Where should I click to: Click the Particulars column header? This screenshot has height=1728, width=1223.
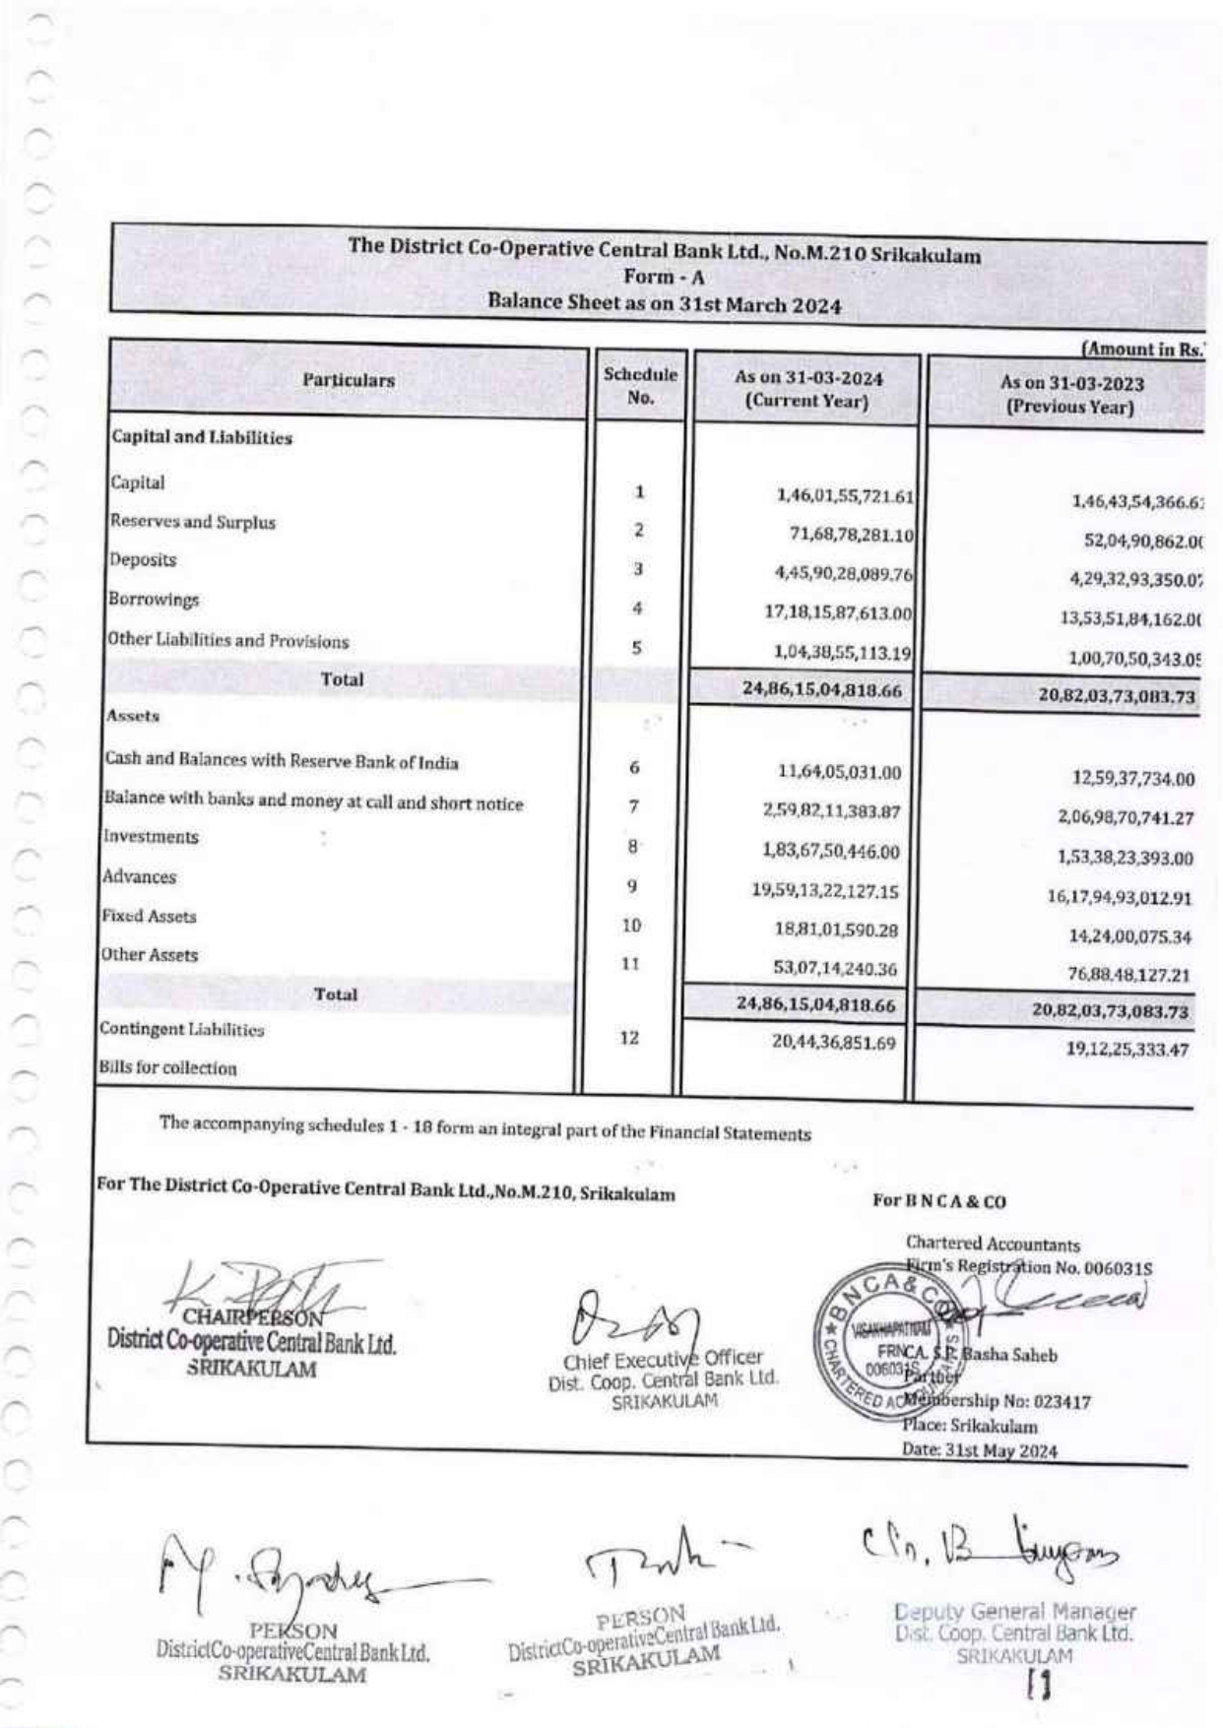349,380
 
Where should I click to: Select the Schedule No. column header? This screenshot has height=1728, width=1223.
640,386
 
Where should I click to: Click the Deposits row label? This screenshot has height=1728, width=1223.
144,560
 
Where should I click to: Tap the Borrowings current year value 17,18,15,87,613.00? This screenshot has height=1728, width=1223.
838,612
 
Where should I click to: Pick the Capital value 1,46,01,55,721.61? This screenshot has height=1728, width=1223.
845,495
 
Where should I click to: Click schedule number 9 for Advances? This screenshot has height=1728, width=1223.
632,887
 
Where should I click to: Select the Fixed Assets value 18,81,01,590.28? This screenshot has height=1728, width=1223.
835,929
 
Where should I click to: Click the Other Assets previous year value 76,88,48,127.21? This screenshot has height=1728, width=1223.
1128,976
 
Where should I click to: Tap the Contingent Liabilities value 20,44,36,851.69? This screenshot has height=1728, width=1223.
833,1042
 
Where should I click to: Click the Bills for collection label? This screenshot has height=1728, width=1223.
167,1068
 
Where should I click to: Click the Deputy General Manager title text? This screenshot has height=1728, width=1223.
1014,1612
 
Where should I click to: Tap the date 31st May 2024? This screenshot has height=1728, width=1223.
979,1450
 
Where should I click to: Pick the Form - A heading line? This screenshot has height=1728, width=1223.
664,279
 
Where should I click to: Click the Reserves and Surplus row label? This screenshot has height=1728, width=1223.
193,522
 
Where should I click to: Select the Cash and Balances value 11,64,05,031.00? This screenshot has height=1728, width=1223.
839,773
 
